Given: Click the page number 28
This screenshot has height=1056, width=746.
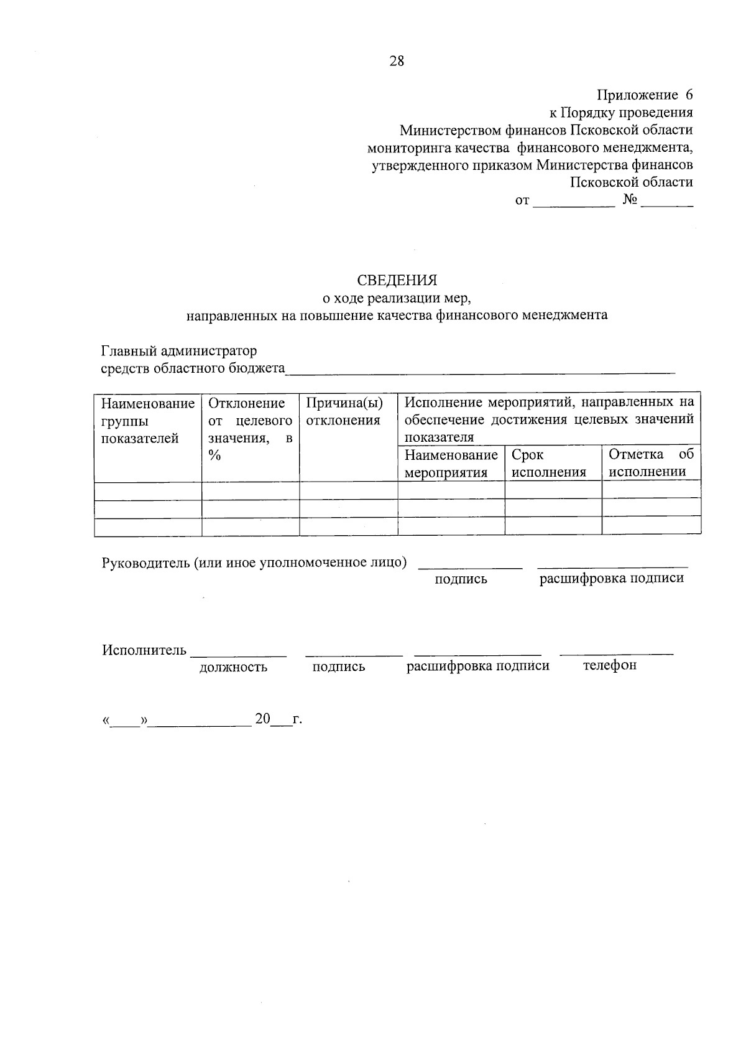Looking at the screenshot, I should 397,61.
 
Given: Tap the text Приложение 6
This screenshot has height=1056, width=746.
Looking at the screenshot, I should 645,95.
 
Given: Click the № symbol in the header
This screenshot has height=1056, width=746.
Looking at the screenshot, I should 629,200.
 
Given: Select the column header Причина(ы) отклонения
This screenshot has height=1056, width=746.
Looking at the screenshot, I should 344,411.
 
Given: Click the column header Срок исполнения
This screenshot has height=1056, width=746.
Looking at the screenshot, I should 548,463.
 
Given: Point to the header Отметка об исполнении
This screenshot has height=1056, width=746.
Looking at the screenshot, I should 650,463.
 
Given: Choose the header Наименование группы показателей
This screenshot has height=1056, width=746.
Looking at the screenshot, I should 147,421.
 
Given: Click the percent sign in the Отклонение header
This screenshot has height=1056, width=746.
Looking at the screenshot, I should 215,456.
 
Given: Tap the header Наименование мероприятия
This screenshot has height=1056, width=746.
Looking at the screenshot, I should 451,463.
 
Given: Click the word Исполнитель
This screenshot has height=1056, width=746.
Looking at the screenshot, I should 144,650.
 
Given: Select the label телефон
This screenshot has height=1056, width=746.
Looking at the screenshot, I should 609,665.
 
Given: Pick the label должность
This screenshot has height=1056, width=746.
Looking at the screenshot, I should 233,667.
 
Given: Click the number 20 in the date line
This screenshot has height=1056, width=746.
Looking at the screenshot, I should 262,719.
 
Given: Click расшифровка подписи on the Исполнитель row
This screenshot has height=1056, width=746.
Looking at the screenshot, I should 477,666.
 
